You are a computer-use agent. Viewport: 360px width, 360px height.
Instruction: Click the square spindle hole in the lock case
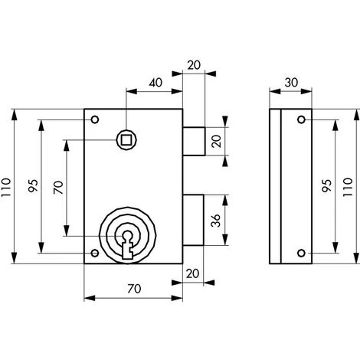(126, 140)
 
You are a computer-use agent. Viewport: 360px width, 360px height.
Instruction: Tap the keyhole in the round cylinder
(127, 244)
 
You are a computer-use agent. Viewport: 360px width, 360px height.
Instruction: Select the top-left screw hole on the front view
(95, 119)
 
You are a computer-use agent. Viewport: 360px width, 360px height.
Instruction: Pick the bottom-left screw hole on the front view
(95, 253)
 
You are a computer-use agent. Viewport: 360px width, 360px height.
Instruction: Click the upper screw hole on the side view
(302, 119)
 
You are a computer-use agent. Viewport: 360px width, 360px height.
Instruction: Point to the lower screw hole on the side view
(302, 253)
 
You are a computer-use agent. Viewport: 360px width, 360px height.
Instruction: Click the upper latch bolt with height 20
(194, 141)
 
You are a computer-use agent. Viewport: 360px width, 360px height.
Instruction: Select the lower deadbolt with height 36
(193, 220)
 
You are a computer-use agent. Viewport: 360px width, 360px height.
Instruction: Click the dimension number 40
(155, 83)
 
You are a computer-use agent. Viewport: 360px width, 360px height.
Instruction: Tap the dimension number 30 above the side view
(291, 83)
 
